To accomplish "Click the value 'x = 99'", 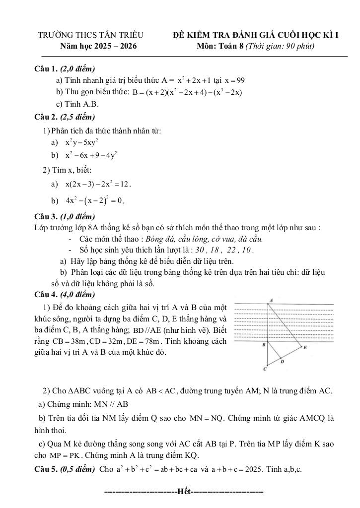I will point(234,80).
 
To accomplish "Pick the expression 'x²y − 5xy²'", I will point(82,142).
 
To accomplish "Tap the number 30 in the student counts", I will point(200,250).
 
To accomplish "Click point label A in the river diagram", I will point(271,300).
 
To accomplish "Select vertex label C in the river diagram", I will point(265,369).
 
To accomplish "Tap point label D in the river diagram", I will point(282,362).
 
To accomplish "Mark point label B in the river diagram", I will point(263,344).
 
